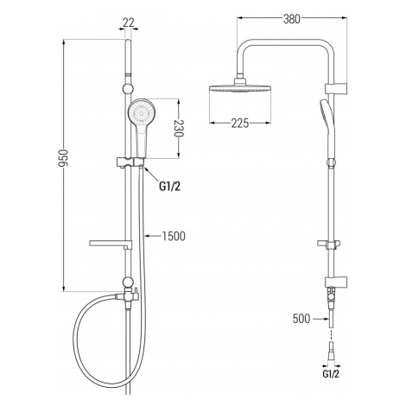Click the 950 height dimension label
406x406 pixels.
[62, 158]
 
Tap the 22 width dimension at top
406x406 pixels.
[129, 22]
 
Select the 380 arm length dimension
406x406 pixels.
[292, 19]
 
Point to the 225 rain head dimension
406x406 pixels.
[240, 124]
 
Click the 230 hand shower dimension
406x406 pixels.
[179, 129]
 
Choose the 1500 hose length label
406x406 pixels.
[174, 237]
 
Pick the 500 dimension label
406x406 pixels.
[301, 319]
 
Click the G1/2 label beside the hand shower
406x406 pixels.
[169, 187]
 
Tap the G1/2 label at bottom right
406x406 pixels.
[331, 374]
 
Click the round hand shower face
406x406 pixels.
[142, 111]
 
